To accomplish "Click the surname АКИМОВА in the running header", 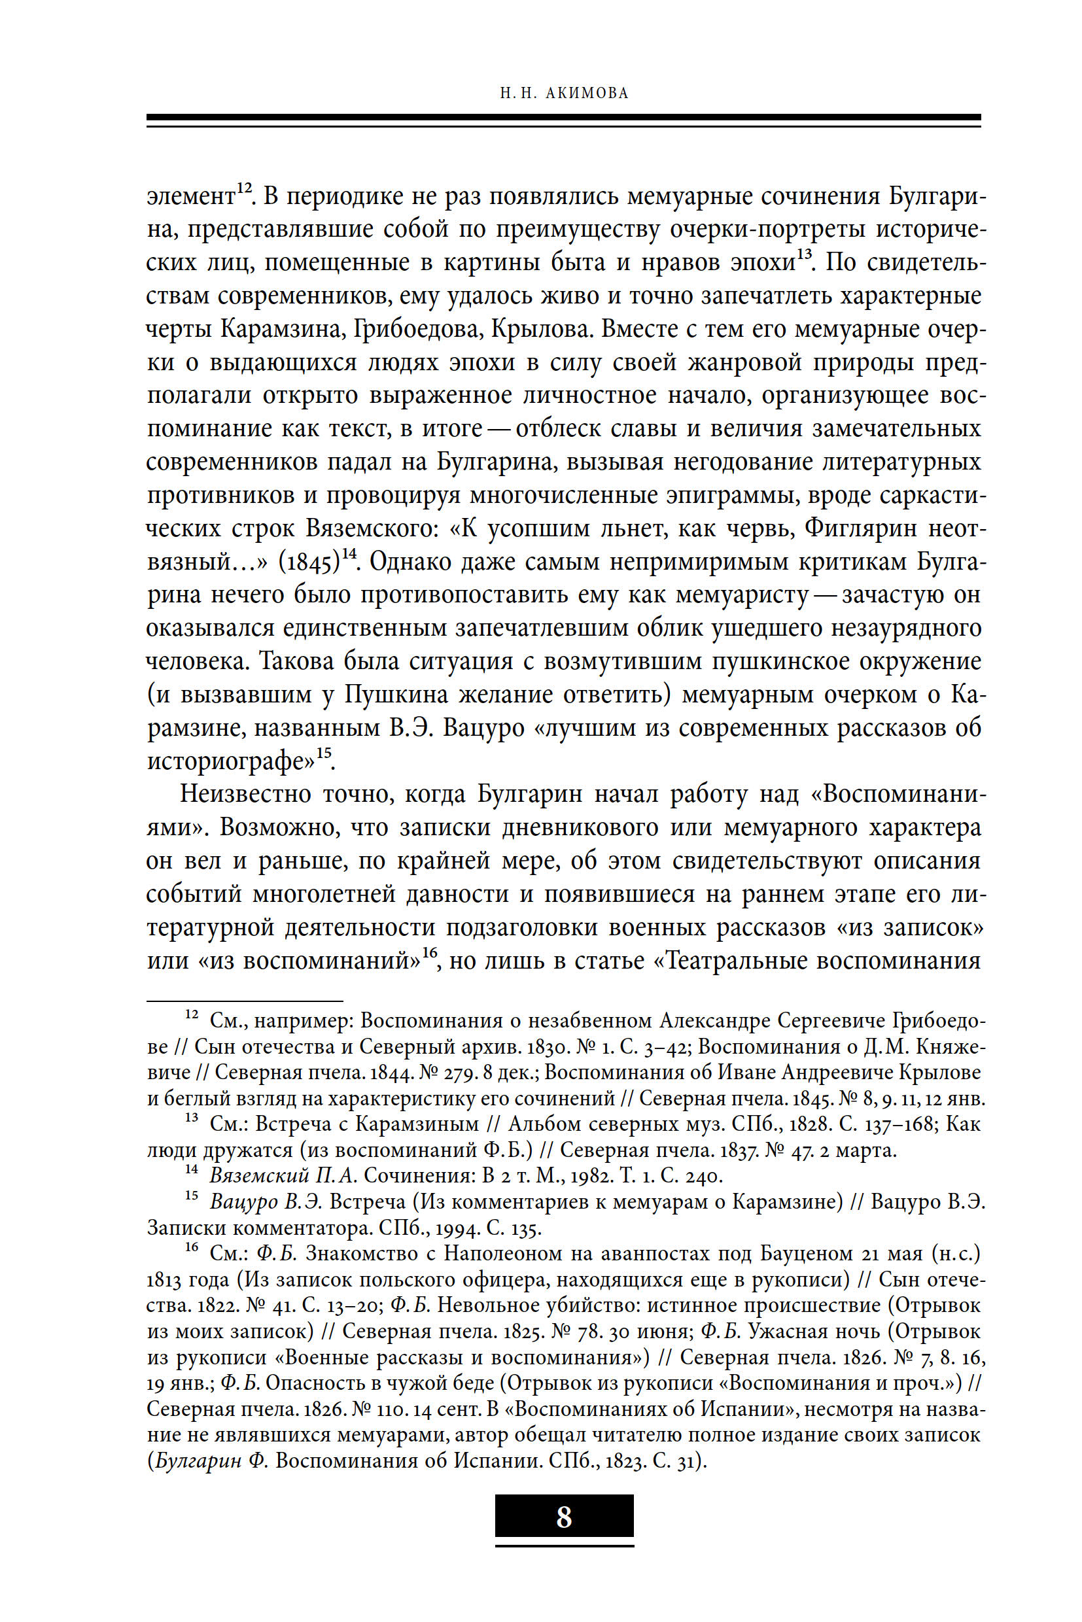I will pos(587,93).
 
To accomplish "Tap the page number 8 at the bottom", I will pos(564,1517).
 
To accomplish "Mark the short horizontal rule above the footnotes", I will pos(245,1001).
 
